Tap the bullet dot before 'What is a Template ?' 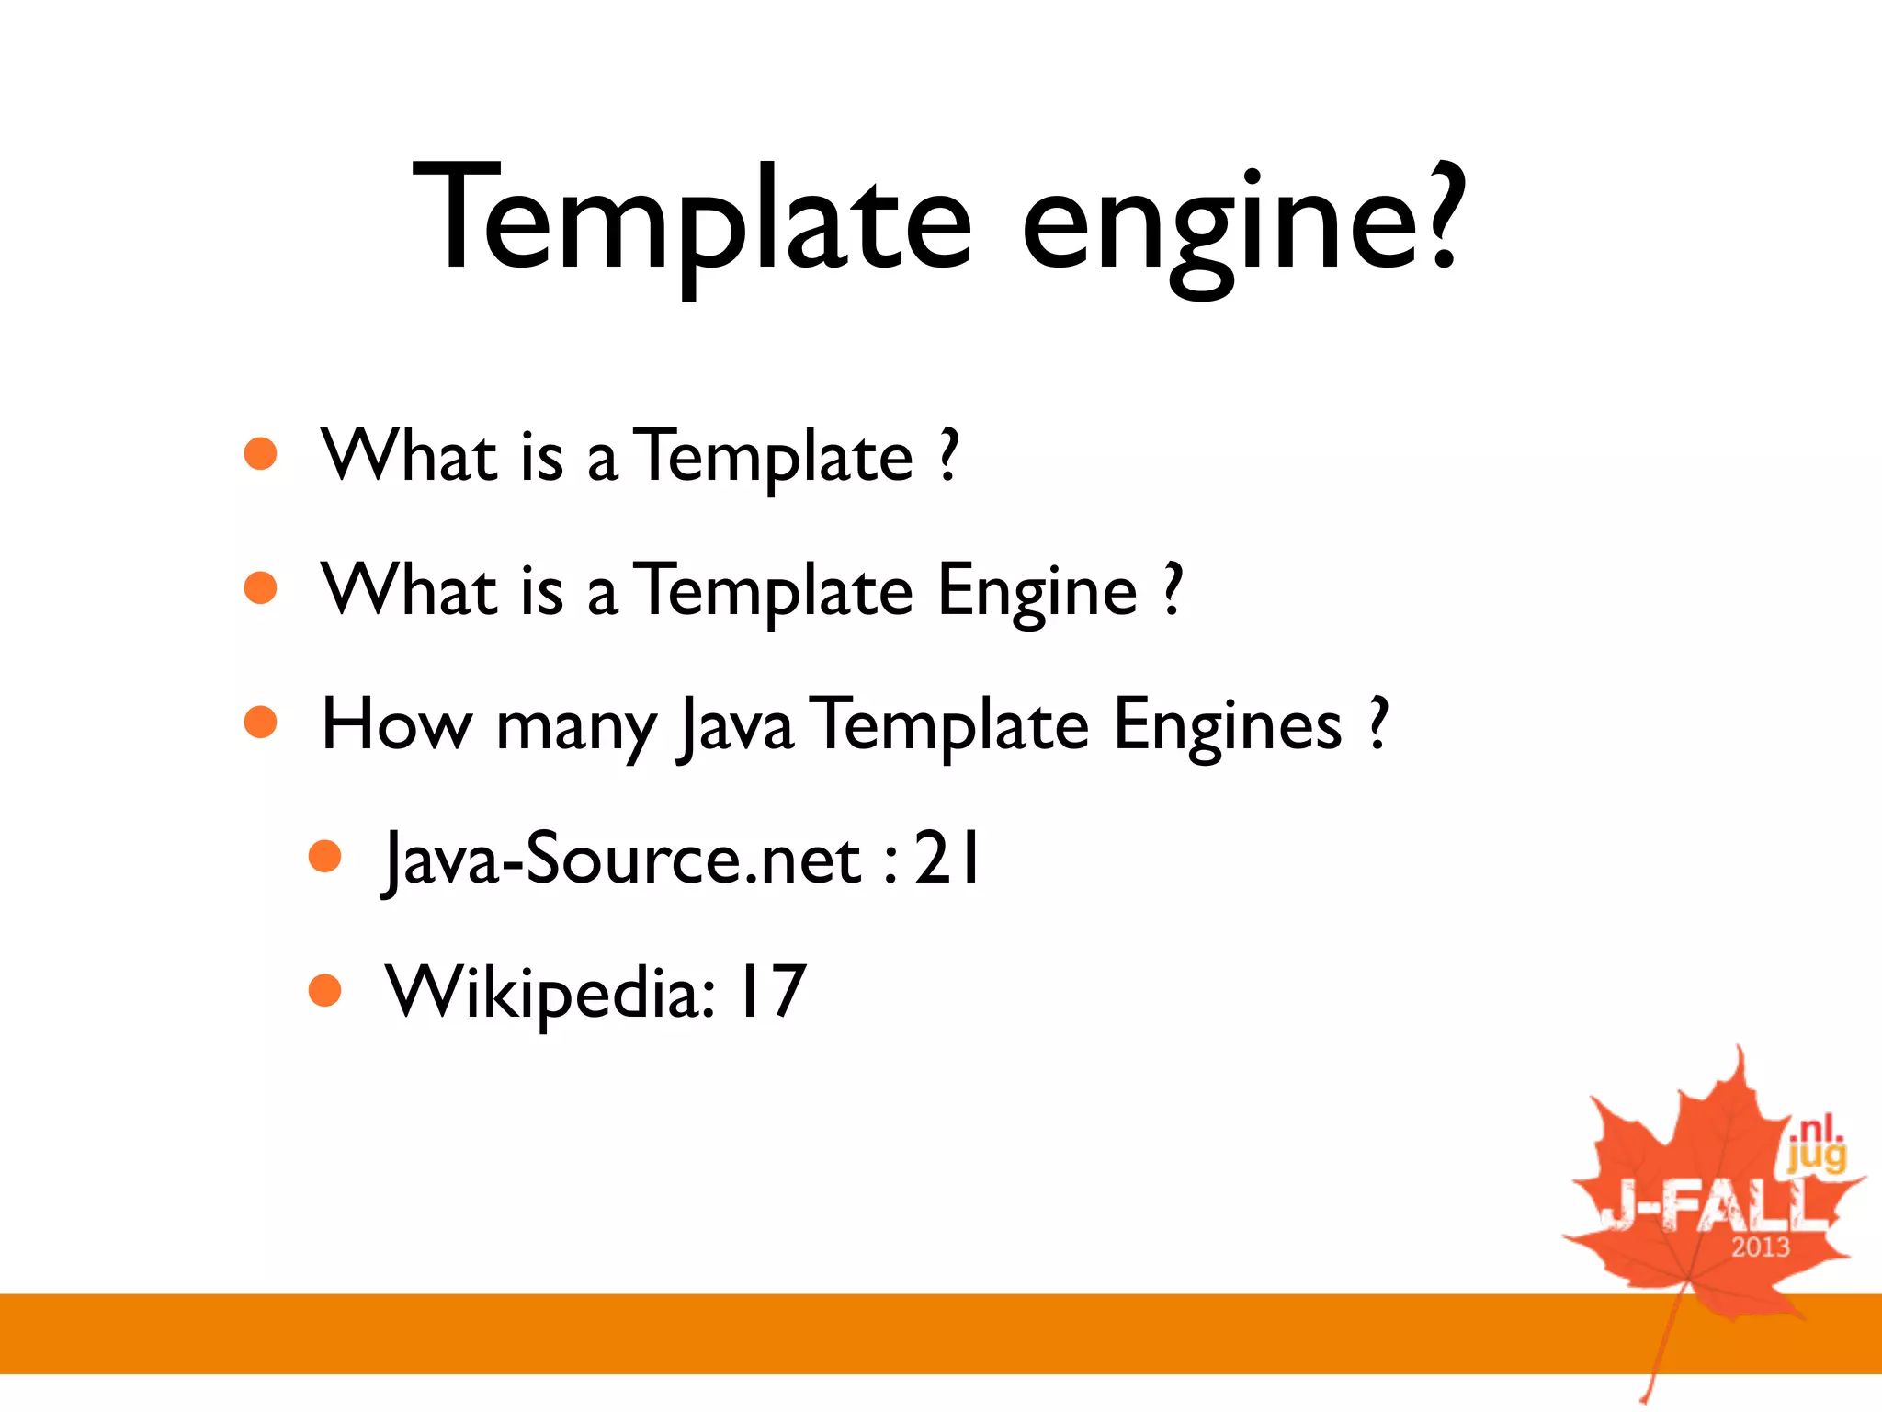tap(261, 453)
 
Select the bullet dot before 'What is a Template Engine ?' tap(261, 588)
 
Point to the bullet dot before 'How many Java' tap(261, 723)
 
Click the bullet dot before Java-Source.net tap(324, 857)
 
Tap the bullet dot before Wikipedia tap(324, 991)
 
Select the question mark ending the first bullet tap(949, 455)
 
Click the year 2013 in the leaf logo tap(1760, 1247)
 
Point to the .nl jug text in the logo tap(1815, 1145)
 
